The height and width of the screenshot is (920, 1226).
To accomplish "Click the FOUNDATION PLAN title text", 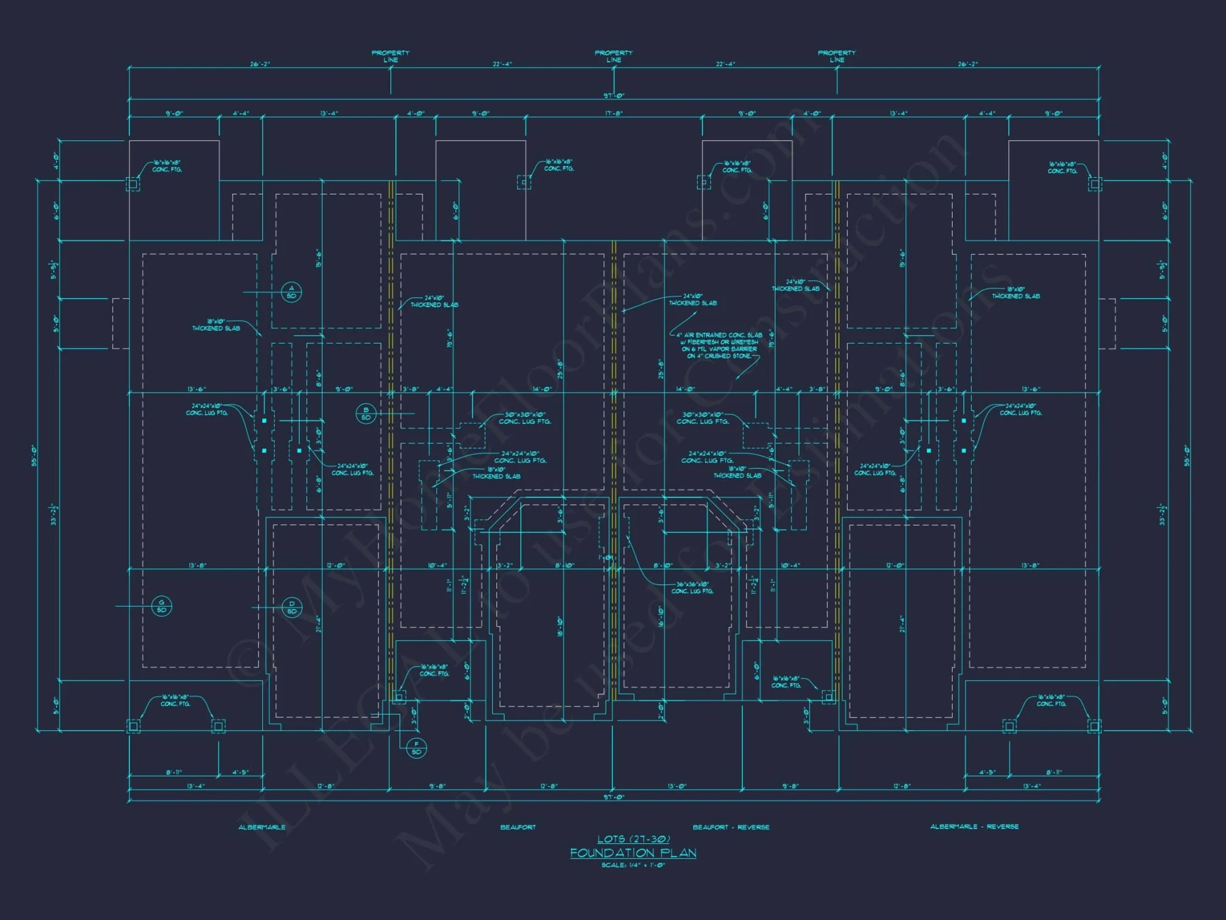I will (633, 853).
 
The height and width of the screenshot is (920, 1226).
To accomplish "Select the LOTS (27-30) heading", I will (633, 839).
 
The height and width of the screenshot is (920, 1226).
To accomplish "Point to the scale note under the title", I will (633, 865).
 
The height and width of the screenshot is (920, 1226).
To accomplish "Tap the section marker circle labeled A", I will (291, 292).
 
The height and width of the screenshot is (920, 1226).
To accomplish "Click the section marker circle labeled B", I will (366, 414).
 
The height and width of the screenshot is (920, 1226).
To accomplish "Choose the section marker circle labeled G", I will (161, 606).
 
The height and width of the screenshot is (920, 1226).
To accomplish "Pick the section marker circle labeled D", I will (291, 607).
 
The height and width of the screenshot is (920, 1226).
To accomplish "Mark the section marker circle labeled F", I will (417, 748).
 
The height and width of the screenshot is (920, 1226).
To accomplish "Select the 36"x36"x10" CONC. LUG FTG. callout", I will (692, 588).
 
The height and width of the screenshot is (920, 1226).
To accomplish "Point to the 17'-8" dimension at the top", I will (614, 113).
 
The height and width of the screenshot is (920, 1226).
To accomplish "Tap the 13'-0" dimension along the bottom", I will (677, 786).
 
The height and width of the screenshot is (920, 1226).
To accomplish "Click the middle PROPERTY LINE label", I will (614, 56).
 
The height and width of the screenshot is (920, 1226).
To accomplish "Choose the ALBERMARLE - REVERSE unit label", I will (974, 827).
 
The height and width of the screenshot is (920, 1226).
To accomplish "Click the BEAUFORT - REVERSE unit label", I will (731, 827).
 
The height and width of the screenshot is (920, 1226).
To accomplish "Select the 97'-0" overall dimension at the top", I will (614, 96).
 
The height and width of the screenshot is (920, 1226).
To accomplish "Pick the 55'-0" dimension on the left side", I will (35, 455).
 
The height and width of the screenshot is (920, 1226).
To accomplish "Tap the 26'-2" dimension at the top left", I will (260, 64).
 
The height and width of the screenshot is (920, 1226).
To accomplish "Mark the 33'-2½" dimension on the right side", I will (1162, 514).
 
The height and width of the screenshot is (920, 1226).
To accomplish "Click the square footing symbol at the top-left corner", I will (132, 183).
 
